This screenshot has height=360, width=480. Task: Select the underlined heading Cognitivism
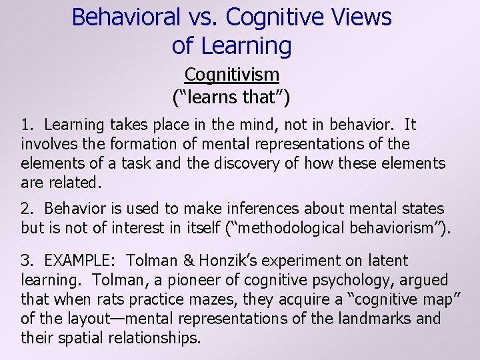tap(231, 75)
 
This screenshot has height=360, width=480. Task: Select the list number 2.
tap(27, 209)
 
